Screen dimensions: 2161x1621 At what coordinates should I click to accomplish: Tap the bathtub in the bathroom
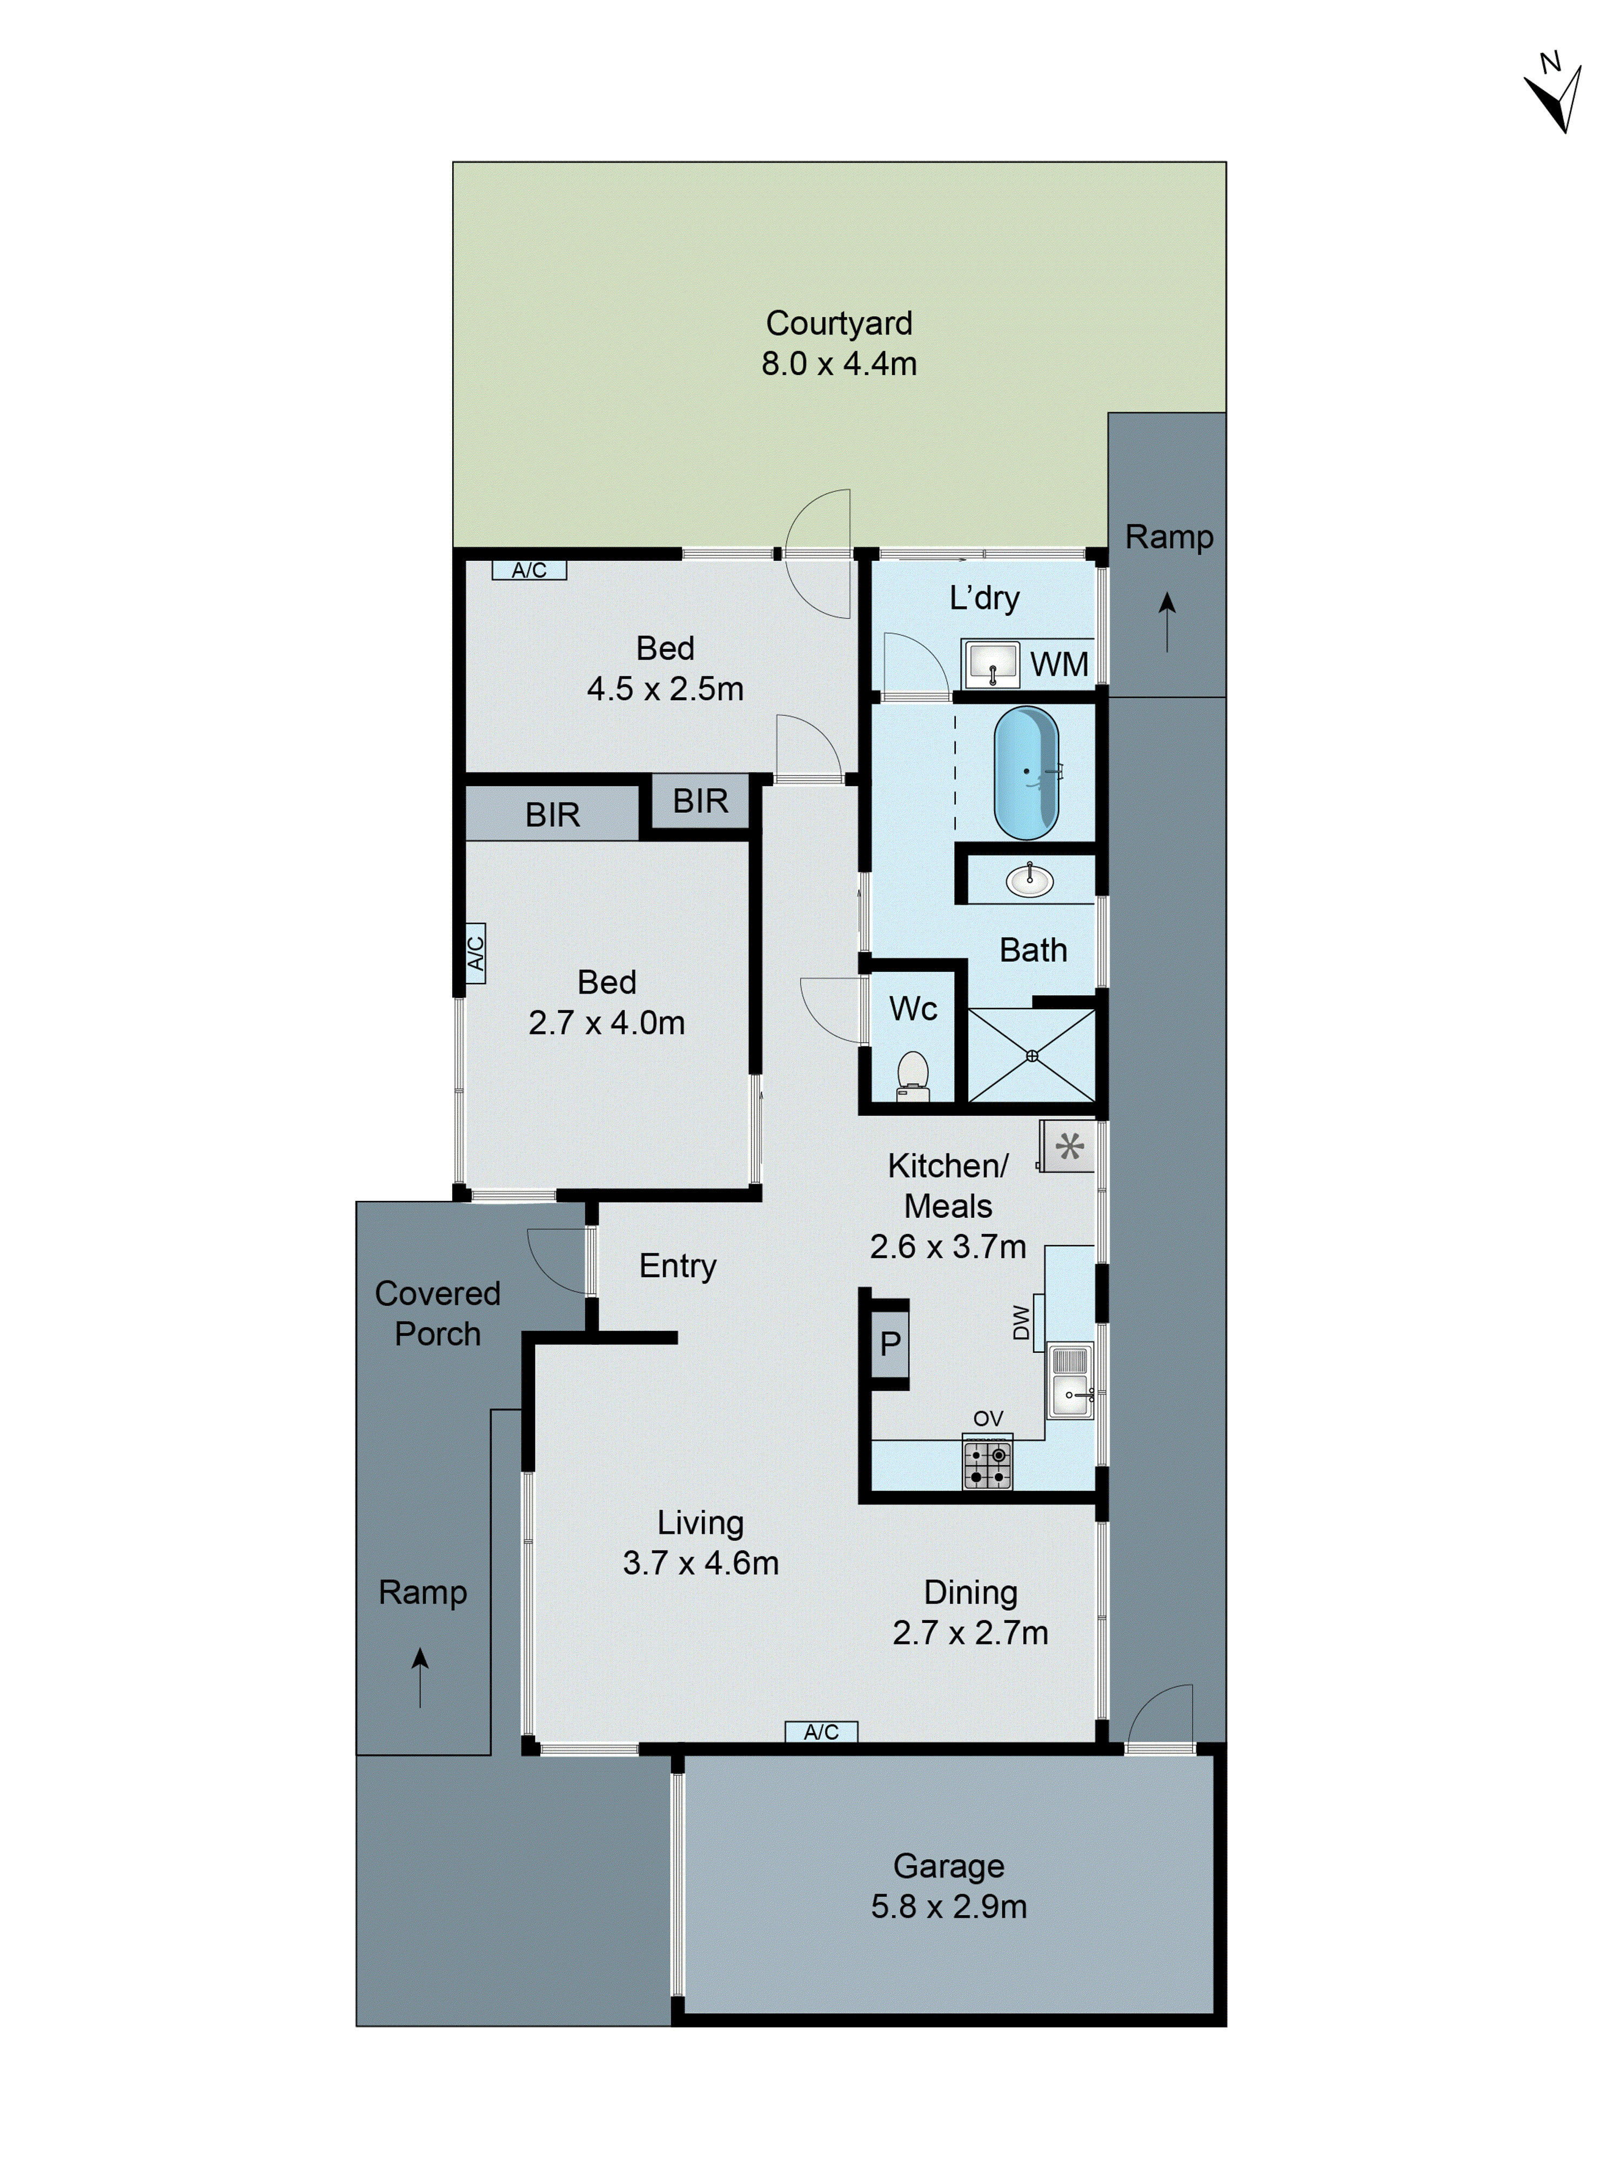pos(1025,772)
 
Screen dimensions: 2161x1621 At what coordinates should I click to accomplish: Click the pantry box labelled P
pos(889,1343)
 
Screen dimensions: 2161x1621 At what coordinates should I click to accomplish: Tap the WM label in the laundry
pos(1058,665)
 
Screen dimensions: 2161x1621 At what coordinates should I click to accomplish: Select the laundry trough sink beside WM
pos(992,665)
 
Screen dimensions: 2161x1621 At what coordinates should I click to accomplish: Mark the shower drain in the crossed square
pos(1031,1055)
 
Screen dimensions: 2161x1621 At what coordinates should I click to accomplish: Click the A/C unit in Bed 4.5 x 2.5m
pos(528,569)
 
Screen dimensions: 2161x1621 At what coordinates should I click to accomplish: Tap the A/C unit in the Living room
pos(821,1731)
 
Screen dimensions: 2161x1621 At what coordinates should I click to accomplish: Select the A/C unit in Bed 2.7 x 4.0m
pos(475,952)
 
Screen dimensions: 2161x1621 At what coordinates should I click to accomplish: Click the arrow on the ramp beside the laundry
pos(1167,620)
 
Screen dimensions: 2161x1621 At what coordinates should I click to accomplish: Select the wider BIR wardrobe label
pos(552,814)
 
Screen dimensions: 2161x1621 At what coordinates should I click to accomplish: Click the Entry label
pos(677,1265)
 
